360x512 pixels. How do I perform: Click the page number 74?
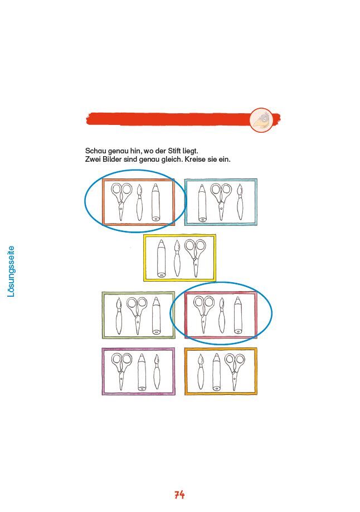point(179,495)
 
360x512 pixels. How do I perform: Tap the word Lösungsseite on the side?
point(11,272)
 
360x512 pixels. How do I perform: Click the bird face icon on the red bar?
point(261,120)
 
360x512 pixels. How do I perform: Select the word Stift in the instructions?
point(175,151)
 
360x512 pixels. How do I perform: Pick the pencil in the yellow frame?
point(161,258)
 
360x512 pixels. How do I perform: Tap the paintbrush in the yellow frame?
point(177,258)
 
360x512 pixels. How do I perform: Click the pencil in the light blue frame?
point(202,203)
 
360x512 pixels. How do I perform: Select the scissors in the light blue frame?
point(221,202)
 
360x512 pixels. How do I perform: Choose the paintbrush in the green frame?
point(119,316)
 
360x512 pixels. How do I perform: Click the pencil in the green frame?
point(157,316)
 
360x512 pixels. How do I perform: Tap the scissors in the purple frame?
point(121,371)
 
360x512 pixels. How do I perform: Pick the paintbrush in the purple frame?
point(157,372)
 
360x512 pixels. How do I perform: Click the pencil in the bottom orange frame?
point(216,372)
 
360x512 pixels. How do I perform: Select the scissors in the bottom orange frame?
point(235,372)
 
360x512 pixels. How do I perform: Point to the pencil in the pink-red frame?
point(238,316)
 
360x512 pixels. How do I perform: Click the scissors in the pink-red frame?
point(203,315)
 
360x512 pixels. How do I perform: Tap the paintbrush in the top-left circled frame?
point(139,202)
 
